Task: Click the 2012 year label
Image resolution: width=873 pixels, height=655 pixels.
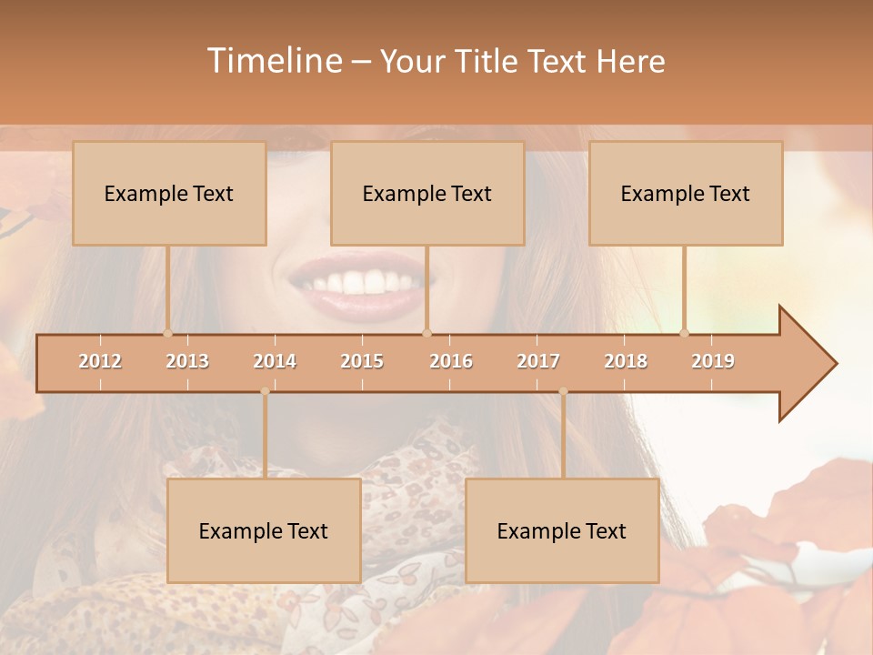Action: (100, 361)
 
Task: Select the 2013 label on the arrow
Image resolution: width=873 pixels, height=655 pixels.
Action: (187, 361)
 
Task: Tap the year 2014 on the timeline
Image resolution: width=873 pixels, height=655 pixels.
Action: (275, 361)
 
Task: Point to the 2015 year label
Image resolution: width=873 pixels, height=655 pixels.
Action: (362, 361)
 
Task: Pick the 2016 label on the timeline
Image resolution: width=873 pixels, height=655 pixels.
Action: (451, 361)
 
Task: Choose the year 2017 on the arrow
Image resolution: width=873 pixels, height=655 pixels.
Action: (538, 361)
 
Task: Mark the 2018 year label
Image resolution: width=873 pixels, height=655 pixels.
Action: (626, 361)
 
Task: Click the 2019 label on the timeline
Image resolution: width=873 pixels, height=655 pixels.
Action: (713, 361)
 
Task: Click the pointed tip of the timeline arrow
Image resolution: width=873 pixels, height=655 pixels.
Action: (835, 363)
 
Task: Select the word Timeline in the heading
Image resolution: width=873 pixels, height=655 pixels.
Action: (274, 61)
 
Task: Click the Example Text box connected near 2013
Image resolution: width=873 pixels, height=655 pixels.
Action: (169, 193)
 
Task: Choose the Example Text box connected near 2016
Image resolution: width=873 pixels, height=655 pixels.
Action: (427, 193)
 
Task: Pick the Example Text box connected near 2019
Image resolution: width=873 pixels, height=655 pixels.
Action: (686, 193)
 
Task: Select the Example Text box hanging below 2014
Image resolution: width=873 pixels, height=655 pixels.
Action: (264, 530)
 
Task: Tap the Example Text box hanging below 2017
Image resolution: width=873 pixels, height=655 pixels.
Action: (562, 530)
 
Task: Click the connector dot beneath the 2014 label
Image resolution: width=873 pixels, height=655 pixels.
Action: (265, 392)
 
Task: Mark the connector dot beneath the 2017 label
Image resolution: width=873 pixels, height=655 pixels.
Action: (563, 392)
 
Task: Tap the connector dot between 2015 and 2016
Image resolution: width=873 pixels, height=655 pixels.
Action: (426, 333)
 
